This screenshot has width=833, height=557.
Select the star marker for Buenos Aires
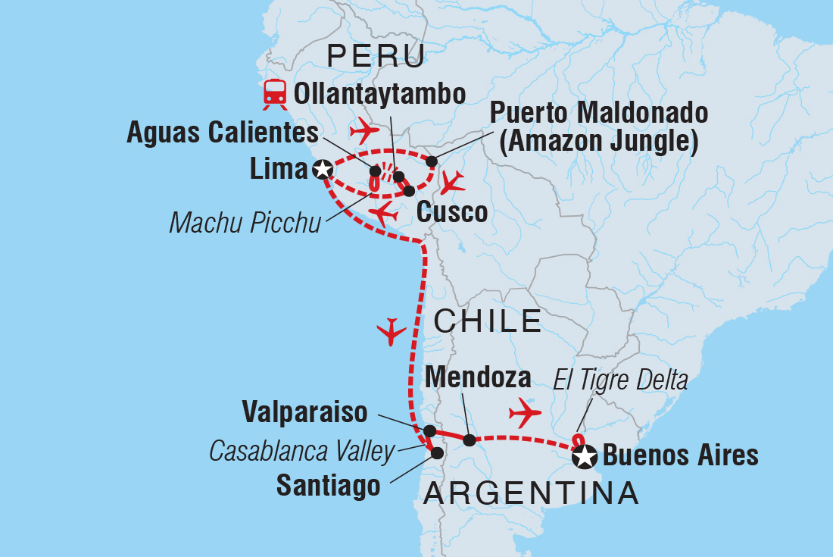coord(585,456)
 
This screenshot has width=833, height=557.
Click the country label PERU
coord(374,57)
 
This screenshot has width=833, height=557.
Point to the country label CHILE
coord(487,321)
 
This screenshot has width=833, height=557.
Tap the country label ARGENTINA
coord(531,494)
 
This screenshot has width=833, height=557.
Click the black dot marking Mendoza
coord(470,440)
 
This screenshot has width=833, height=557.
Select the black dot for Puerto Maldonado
coord(432,161)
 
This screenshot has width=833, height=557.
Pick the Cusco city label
coord(451,213)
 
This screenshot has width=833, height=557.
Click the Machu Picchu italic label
coord(245,222)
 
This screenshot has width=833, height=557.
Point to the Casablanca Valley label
coord(301,452)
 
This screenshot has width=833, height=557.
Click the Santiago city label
coord(328,486)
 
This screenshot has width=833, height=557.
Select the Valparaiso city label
coord(304,412)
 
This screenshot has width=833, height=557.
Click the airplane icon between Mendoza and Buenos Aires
coord(526,412)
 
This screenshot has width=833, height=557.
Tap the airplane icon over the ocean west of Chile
coord(392,331)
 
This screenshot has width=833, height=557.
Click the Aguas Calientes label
coord(223,133)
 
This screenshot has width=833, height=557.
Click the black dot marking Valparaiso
coord(429,431)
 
